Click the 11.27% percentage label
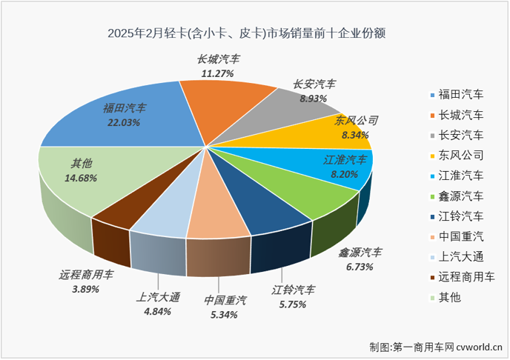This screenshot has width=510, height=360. [x=218, y=73]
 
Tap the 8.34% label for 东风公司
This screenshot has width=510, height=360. [x=352, y=135]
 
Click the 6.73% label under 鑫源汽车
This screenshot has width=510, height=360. [x=360, y=266]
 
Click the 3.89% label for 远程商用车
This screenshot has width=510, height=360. [x=86, y=289]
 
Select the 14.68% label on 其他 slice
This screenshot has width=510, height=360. [x=82, y=178]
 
